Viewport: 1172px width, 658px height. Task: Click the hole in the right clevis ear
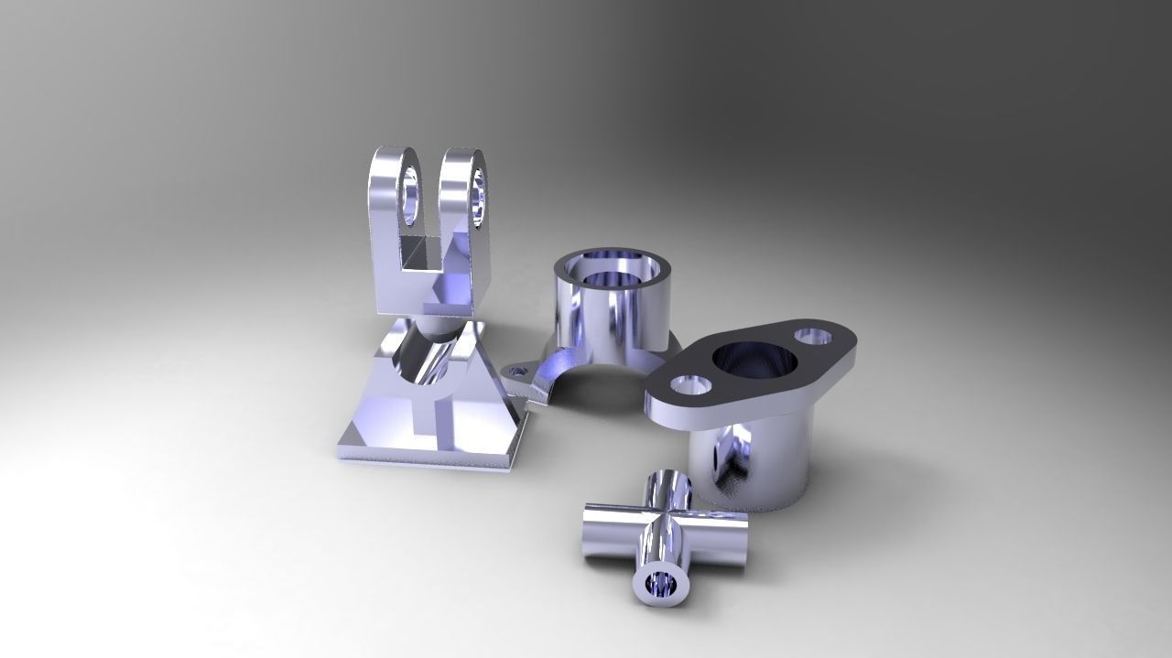(478, 194)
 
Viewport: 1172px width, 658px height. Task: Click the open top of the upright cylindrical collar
(611, 266)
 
